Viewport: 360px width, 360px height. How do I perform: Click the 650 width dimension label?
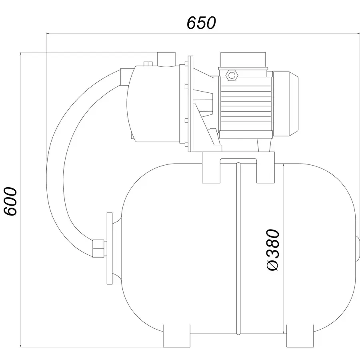click(x=201, y=23)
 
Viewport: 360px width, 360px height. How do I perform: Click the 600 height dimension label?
click(x=11, y=201)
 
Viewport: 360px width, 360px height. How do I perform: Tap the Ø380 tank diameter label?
click(x=273, y=250)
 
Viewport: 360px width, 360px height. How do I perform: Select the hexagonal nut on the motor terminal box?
click(x=232, y=75)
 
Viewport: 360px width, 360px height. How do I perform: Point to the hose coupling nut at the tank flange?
click(x=98, y=248)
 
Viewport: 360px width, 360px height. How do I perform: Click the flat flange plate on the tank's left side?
click(x=110, y=248)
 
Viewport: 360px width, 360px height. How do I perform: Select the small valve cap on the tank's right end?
click(x=358, y=248)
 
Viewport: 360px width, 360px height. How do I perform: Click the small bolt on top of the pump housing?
click(x=148, y=64)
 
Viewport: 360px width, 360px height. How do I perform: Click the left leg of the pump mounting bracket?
click(x=211, y=168)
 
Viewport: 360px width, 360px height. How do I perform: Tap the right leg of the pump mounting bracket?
click(x=266, y=168)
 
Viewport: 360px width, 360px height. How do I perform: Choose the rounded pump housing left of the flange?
click(x=153, y=104)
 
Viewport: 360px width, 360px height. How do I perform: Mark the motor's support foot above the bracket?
click(x=264, y=145)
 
